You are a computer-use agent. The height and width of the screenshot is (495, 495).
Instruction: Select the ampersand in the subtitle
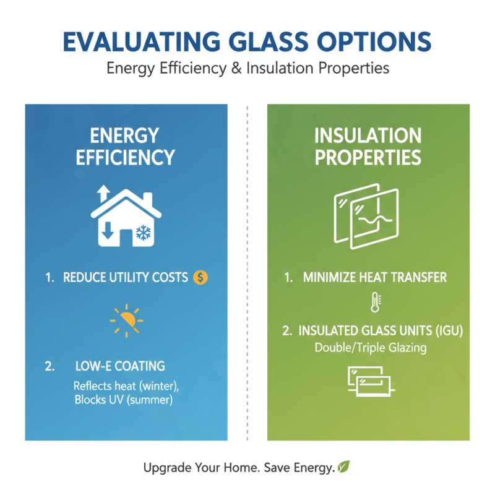237,68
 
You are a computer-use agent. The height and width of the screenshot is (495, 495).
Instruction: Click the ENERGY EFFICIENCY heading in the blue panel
126,146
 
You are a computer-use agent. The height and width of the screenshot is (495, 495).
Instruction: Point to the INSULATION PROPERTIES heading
368,146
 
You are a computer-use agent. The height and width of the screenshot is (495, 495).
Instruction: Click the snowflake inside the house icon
143,233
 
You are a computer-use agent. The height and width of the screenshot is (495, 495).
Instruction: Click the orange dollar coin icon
200,278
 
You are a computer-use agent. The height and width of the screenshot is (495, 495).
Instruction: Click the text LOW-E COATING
121,366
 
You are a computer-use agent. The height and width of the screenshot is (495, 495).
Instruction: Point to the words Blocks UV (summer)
123,400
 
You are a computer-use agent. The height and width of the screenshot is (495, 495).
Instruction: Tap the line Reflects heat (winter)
126,386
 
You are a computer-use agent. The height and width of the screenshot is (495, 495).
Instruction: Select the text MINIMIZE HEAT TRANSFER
375,278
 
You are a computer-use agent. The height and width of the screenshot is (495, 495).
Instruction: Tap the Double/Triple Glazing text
371,347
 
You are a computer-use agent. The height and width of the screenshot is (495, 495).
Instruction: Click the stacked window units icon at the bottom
369,381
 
